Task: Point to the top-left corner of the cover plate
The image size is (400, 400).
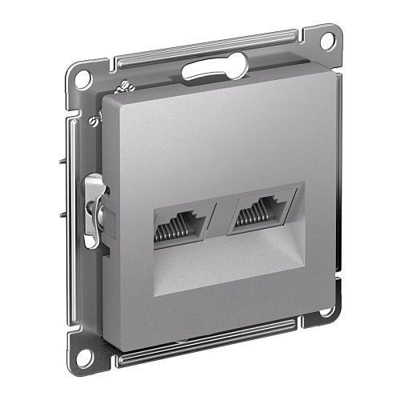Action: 109,97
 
